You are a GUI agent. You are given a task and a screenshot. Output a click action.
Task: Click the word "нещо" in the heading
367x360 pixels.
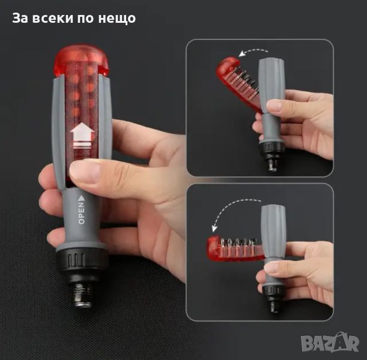[x=117, y=19]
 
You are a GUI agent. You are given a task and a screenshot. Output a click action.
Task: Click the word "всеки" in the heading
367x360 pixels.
[x=53, y=18]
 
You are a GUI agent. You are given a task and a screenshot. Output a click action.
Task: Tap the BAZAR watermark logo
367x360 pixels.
[x=330, y=343]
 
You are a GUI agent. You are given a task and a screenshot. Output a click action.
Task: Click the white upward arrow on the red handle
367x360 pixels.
[x=82, y=136]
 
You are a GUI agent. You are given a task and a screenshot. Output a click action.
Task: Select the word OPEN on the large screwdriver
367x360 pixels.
[x=81, y=214]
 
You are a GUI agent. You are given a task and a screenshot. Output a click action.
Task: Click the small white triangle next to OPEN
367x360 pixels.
[x=81, y=198]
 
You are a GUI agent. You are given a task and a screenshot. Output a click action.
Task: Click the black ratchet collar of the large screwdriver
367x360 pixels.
[x=82, y=258]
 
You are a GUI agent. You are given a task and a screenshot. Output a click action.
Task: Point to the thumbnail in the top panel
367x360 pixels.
[x=274, y=106]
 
